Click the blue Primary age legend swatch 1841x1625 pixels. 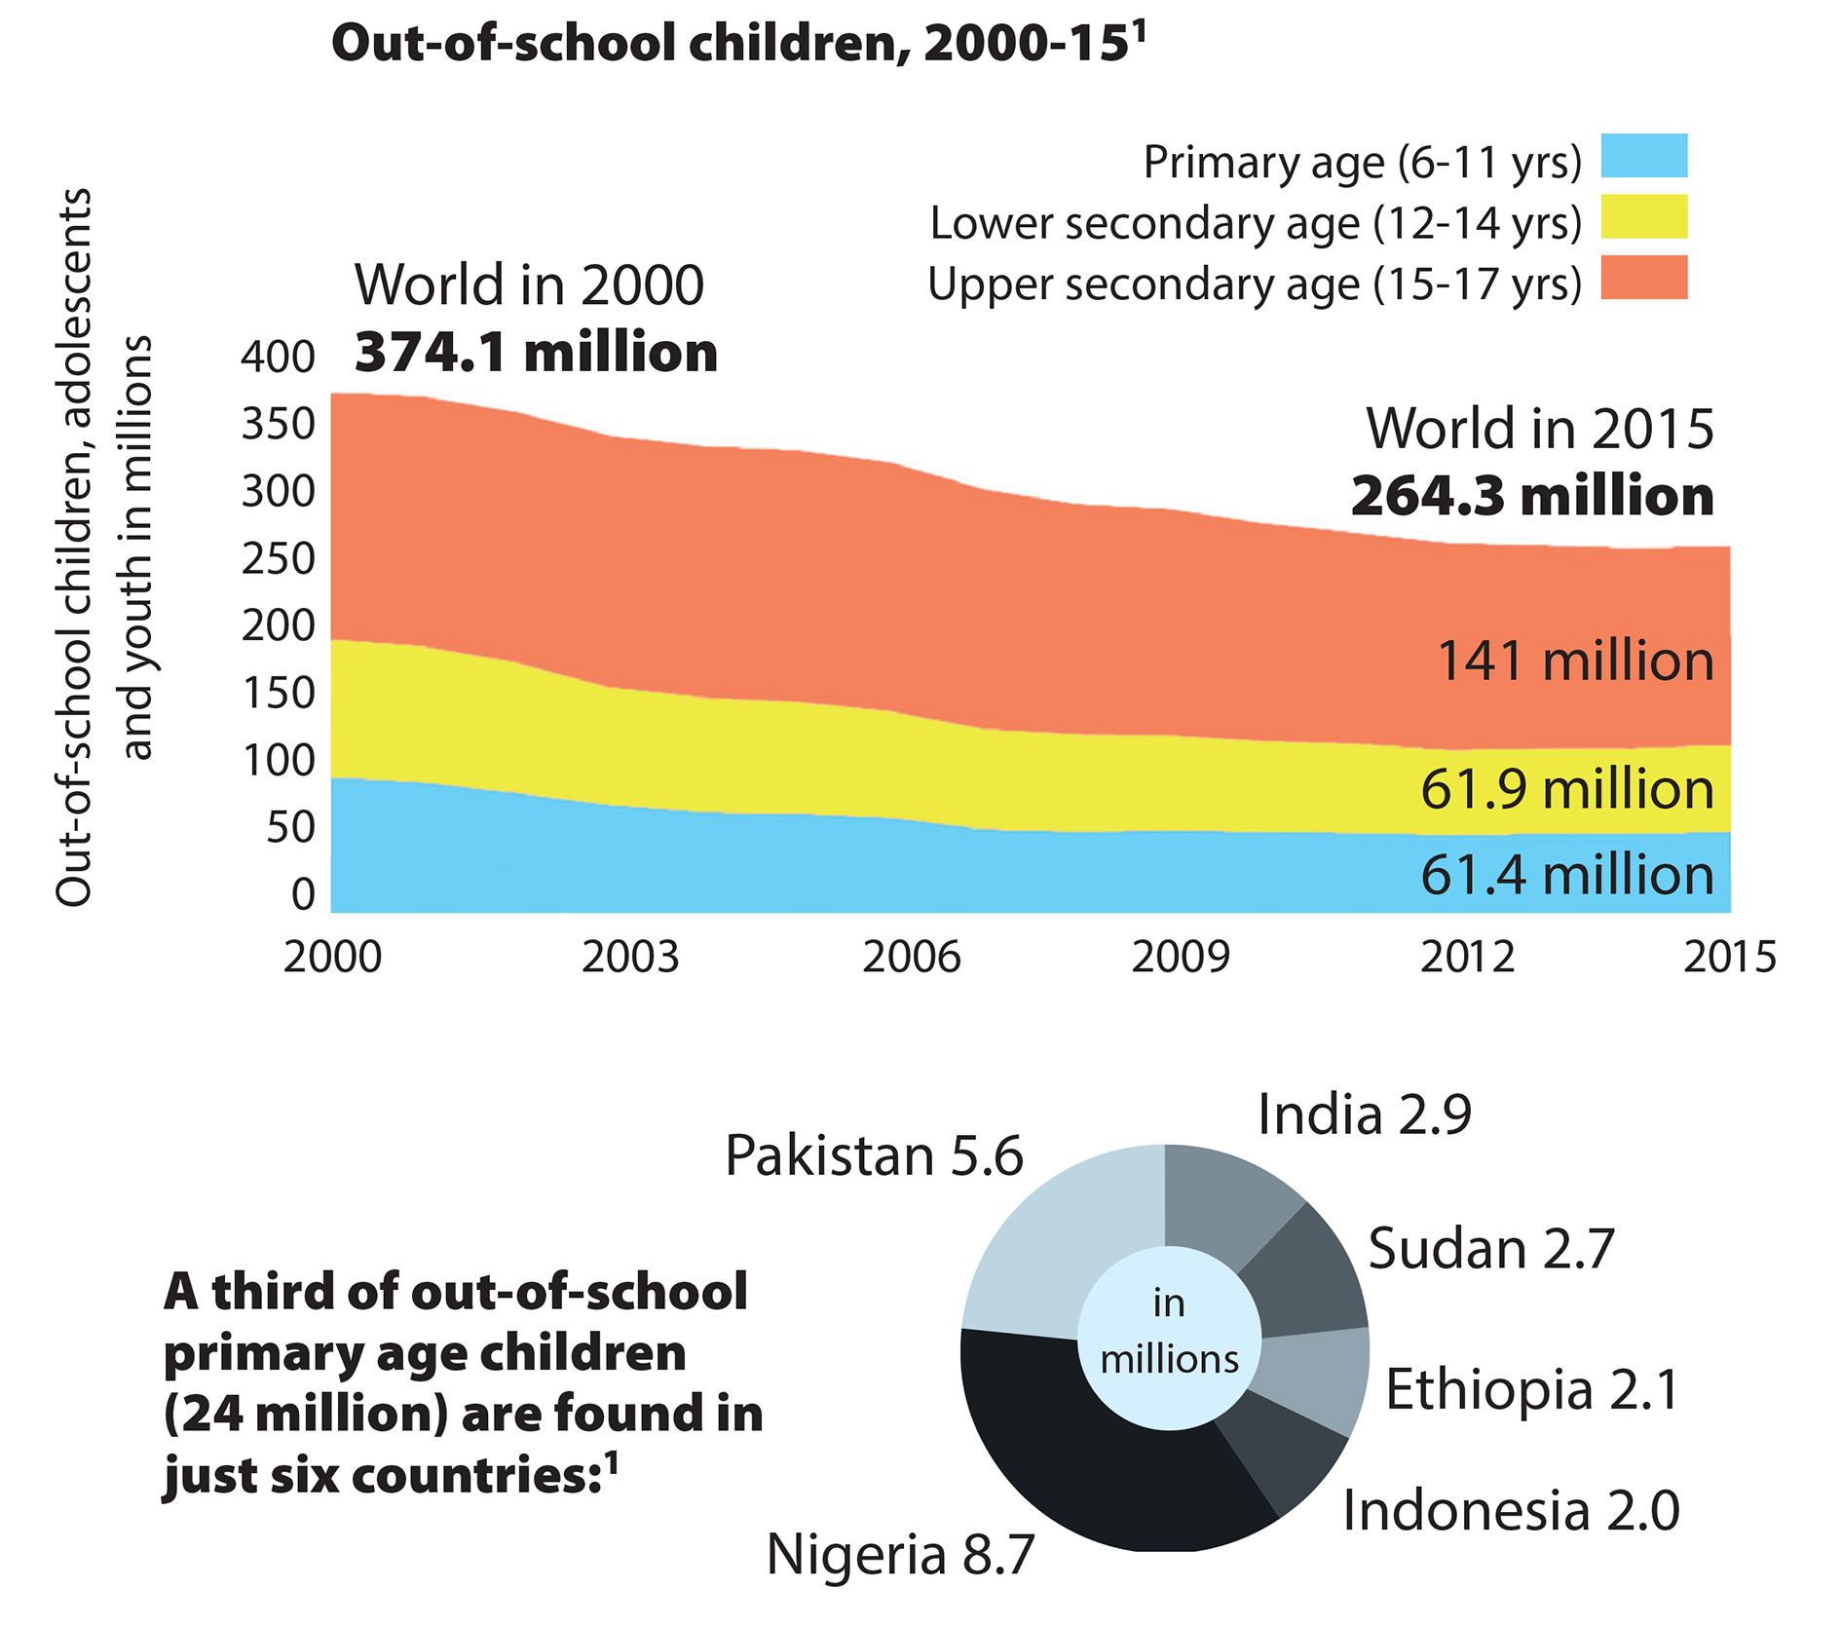tap(1643, 156)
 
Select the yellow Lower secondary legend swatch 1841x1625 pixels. tap(1643, 216)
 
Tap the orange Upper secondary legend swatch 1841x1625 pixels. tap(1643, 277)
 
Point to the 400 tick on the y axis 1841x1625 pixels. tap(279, 357)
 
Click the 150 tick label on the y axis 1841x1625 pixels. tap(279, 694)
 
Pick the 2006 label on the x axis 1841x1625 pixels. tap(911, 958)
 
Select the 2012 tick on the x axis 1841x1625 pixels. tap(1467, 958)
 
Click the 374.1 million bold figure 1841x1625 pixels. tap(536, 353)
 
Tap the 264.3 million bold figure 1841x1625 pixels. tap(1531, 497)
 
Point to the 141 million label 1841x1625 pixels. tap(1574, 661)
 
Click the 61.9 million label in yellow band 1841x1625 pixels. tap(1566, 789)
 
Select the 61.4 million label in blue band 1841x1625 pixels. tap(1566, 875)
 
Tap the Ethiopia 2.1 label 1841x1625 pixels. tap(1531, 1389)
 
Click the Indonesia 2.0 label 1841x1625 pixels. tap(1510, 1511)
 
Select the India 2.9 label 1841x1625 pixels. tap(1364, 1115)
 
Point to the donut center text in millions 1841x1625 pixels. tap(1169, 1332)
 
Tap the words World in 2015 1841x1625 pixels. tap(1539, 429)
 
